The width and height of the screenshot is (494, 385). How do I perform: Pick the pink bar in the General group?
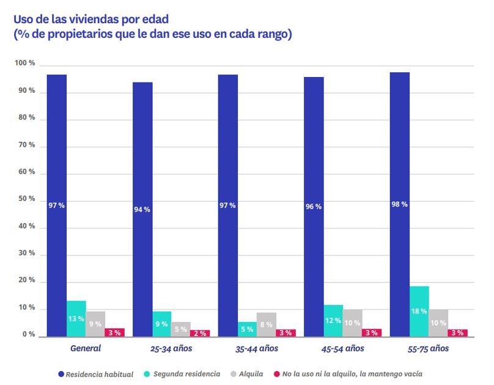tap(114, 332)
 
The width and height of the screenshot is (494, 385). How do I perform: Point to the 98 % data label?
tap(399, 204)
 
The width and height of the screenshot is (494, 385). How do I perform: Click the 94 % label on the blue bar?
tap(142, 209)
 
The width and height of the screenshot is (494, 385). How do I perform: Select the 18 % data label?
tap(419, 311)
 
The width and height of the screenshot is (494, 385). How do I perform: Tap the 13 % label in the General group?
tap(76, 319)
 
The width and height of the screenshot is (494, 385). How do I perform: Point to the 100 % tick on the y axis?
tap(24, 64)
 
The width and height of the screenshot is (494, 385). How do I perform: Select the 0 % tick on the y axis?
tap(28, 335)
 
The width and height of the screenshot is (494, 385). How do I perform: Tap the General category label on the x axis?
tap(85, 349)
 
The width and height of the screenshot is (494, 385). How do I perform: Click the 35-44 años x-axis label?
tap(257, 349)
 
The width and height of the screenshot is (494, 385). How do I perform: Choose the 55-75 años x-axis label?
tap(428, 349)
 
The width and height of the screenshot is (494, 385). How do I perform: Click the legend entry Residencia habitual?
tap(99, 373)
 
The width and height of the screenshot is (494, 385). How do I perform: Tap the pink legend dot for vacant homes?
tap(276, 373)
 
